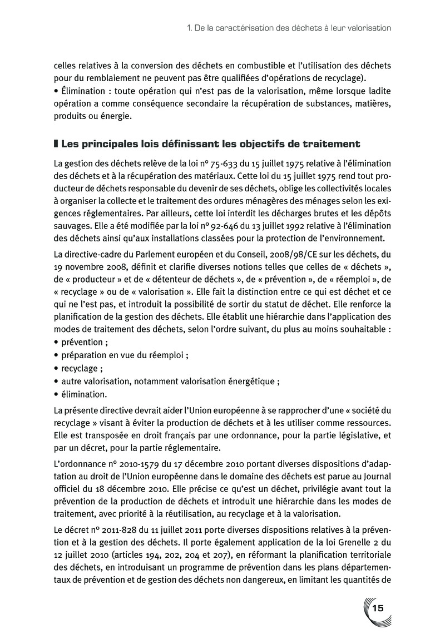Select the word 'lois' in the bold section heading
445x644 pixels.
[149, 144]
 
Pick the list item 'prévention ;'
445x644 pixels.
[84, 342]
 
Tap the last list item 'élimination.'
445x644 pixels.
[84, 394]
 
